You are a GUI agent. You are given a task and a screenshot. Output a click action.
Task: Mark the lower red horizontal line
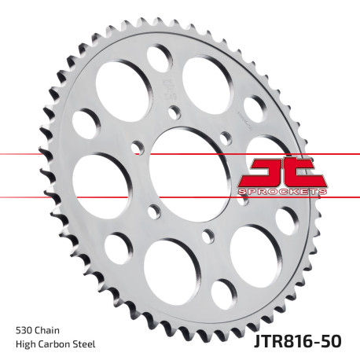(79, 195)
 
